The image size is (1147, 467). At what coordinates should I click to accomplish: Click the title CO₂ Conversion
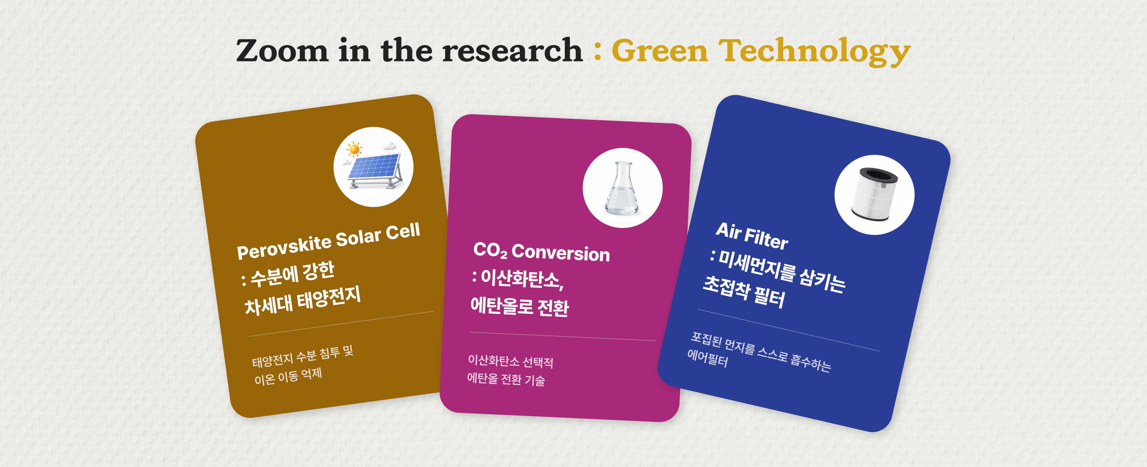point(541,252)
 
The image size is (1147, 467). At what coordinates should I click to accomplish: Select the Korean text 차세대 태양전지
point(303,301)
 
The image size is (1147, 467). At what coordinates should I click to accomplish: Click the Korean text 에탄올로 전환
point(519,306)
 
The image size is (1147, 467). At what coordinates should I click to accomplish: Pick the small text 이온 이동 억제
point(288,377)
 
